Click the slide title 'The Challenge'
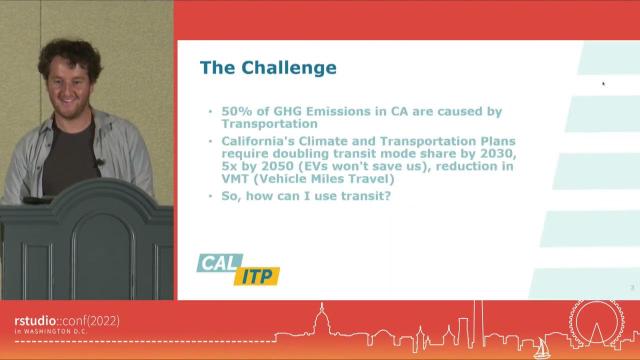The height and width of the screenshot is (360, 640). coord(268,68)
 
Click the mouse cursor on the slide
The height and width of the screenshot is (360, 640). coord(603,84)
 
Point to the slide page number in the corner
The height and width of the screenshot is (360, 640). coord(632,288)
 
